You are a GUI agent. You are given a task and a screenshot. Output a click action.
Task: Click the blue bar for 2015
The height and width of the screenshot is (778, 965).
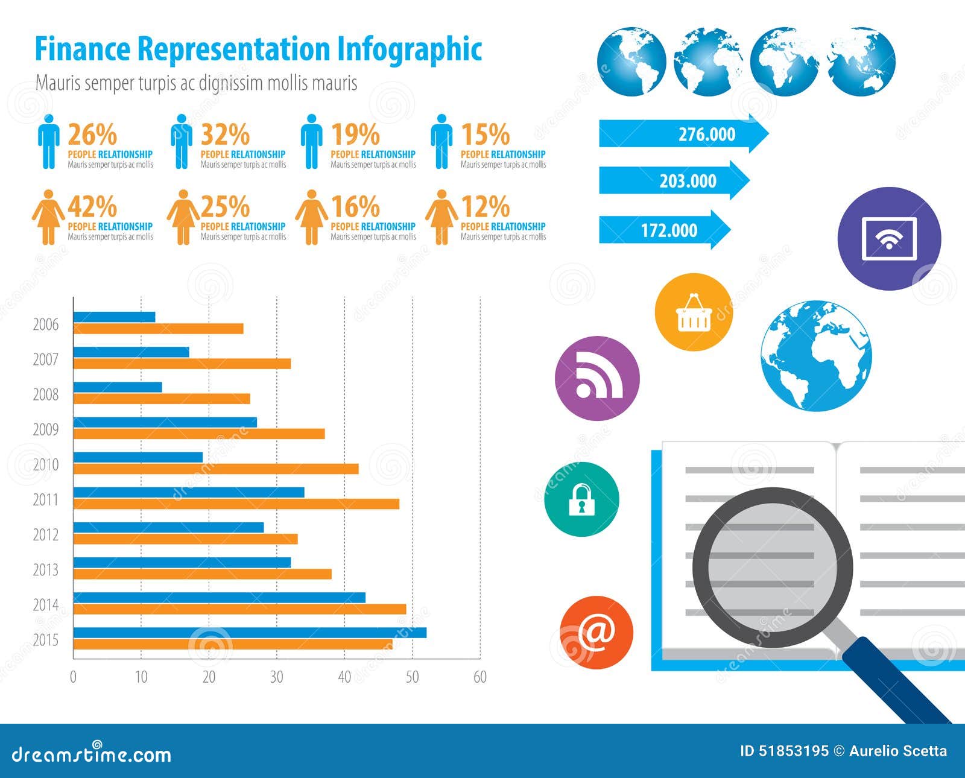tap(250, 633)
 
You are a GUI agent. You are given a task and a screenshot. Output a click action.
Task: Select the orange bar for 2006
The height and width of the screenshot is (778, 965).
tap(158, 329)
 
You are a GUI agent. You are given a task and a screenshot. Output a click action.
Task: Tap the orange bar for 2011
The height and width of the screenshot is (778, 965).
tap(236, 504)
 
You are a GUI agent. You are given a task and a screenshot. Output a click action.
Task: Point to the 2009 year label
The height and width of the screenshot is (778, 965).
tap(46, 429)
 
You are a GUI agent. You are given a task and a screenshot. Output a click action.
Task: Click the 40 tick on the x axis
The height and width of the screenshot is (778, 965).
tap(344, 677)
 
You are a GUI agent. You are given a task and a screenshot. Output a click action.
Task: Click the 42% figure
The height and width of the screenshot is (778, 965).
tap(92, 207)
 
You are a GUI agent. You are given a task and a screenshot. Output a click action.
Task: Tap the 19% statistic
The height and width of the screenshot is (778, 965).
tap(355, 134)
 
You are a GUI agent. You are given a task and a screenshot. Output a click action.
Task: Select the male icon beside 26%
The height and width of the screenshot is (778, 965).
tap(49, 142)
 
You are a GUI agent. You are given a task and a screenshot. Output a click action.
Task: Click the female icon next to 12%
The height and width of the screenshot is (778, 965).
tap(441, 217)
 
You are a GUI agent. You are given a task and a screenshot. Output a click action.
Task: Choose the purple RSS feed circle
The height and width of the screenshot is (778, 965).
tap(597, 378)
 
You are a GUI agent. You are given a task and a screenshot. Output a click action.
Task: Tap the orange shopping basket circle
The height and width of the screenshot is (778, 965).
tap(694, 312)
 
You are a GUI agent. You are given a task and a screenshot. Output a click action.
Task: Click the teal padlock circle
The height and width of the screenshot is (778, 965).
tap(581, 499)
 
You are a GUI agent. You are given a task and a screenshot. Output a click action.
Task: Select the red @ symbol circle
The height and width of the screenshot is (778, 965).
tap(596, 633)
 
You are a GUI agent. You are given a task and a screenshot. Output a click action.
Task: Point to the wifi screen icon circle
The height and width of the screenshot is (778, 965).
tap(889, 239)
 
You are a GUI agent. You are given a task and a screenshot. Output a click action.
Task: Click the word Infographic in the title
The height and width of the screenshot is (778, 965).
tap(410, 49)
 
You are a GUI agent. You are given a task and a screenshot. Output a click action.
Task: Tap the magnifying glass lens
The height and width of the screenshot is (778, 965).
tap(772, 567)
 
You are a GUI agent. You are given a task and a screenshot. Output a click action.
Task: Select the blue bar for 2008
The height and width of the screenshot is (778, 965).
tap(118, 387)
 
